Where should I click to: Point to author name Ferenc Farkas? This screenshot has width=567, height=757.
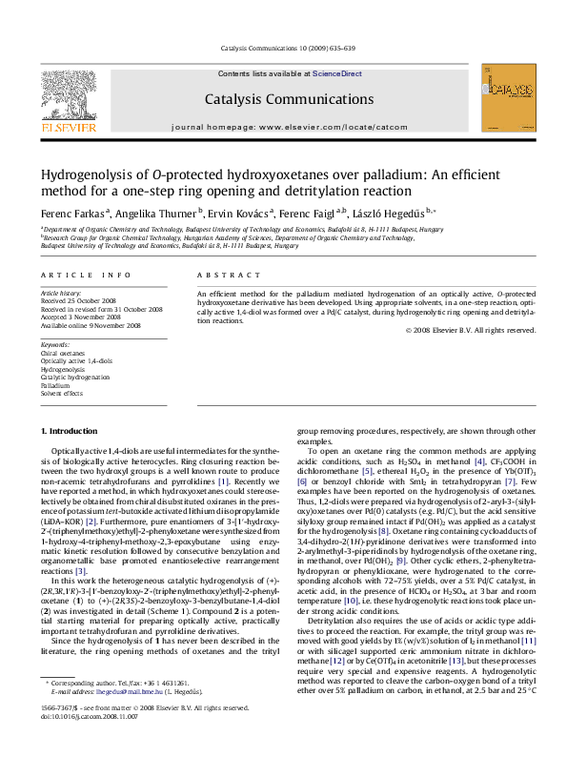pos(72,213)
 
